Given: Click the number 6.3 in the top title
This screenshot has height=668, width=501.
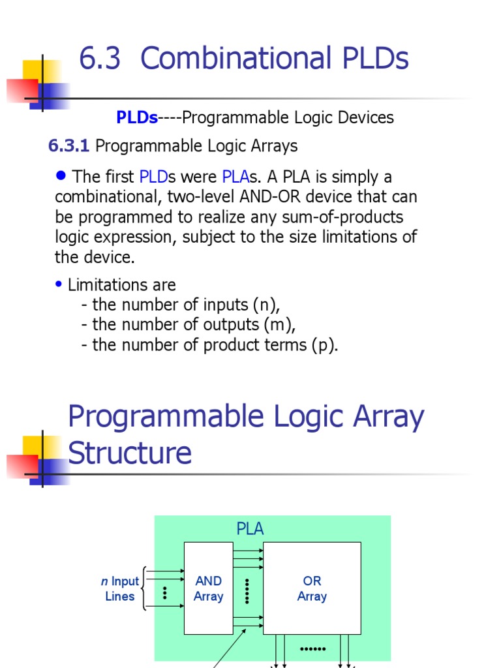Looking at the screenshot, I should (x=100, y=59).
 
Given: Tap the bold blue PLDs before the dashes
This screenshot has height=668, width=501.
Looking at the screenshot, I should (x=137, y=118).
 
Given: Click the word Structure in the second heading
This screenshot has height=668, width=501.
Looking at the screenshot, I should (x=130, y=453).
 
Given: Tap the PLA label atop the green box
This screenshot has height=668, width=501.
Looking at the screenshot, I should (x=250, y=529).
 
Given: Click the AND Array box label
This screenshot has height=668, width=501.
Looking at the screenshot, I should (x=209, y=588).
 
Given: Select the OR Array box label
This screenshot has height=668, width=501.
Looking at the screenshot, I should (x=312, y=588).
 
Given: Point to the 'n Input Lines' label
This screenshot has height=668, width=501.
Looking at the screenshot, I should (x=120, y=588).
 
